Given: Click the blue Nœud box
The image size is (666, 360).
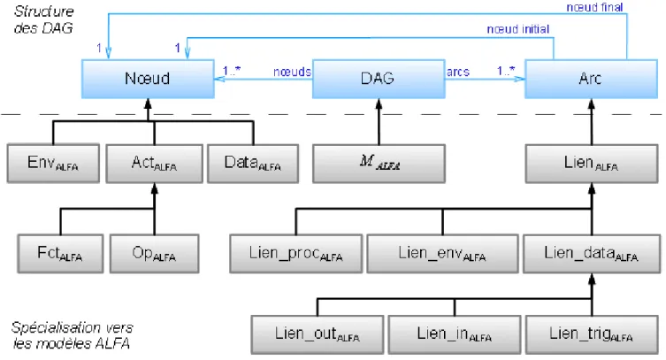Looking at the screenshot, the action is tap(148, 79).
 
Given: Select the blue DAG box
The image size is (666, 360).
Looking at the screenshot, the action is tap(379, 79).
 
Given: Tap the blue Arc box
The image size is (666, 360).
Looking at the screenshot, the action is tap(591, 79).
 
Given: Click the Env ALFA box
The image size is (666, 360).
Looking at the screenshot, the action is tap(53, 164).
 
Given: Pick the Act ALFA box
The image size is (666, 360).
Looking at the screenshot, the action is tap(154, 164).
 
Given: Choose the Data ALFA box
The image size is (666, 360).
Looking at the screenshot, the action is tap(253, 164).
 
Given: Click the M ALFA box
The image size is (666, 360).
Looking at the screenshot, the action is tap(379, 164).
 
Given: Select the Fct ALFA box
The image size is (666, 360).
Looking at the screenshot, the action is tap(60, 254).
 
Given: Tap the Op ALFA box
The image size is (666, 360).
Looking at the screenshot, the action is tap(154, 254).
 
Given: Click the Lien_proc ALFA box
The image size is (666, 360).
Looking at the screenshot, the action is tap(296, 254).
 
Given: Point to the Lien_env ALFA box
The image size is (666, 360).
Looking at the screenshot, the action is tap(442, 254).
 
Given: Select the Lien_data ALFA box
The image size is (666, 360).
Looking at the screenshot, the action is tap(592, 254).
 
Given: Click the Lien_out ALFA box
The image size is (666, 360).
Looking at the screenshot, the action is tap(318, 334).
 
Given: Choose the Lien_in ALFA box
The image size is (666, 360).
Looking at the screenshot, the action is tap(455, 334).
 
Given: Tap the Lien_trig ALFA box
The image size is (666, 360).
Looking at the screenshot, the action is tap(592, 334).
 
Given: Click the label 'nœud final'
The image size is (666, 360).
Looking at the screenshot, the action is tap(594, 7).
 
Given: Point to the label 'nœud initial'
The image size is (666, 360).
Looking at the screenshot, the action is tap(517, 29).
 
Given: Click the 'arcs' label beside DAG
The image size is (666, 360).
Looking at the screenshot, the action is tap(458, 73).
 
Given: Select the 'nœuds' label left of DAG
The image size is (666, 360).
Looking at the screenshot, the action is tap(292, 72).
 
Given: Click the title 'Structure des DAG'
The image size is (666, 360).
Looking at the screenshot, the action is tap(43, 19).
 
